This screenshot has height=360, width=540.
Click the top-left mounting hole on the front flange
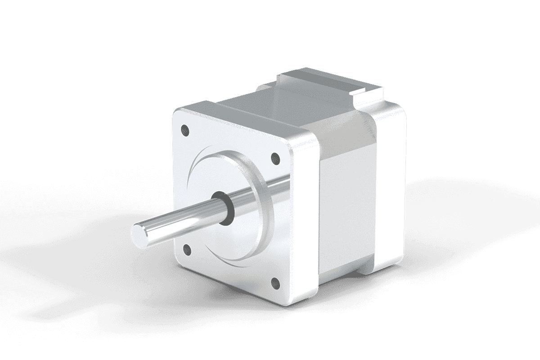click(x=184, y=130)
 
